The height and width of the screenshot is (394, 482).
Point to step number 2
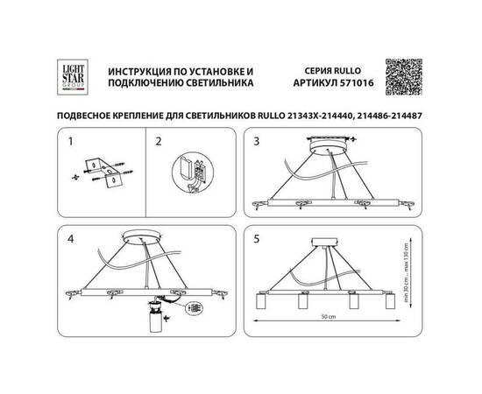pos(159,140)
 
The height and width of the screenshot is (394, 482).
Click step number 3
pos(257,140)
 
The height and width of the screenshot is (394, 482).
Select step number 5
pos(257,236)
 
